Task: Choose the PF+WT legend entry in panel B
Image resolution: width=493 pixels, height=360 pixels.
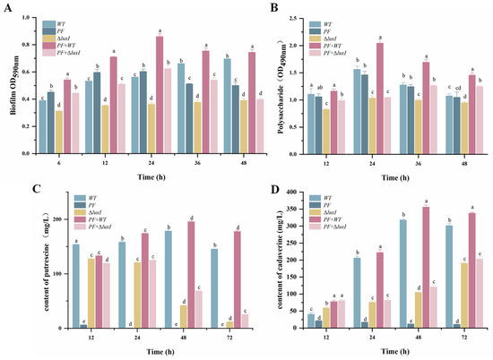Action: coord(326,51)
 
